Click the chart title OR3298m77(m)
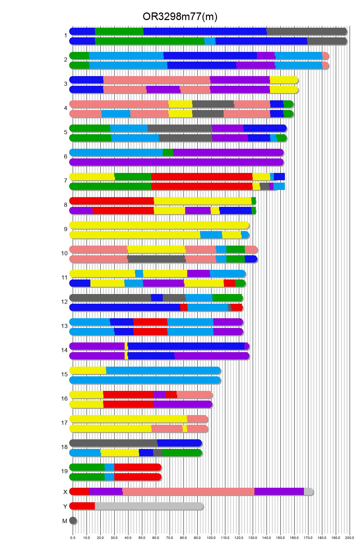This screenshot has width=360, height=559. pyautogui.click(x=180, y=17)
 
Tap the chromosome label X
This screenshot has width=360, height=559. pyautogui.click(x=65, y=492)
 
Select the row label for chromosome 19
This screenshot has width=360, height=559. pyautogui.click(x=64, y=471)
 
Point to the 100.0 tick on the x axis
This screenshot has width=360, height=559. pyautogui.click(x=211, y=538)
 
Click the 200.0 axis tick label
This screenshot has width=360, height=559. pyautogui.click(x=350, y=538)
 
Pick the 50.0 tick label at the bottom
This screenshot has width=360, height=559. pyautogui.click(x=142, y=538)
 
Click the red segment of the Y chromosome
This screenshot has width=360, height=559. pyautogui.click(x=82, y=506)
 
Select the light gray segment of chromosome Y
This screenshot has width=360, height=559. pyautogui.click(x=149, y=506)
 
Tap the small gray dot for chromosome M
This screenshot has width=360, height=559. pyautogui.click(x=73, y=521)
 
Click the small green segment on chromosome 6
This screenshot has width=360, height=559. pyautogui.click(x=168, y=153)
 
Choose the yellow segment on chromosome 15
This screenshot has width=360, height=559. pyautogui.click(x=88, y=370)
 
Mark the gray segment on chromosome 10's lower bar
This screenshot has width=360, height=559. pyautogui.click(x=156, y=259)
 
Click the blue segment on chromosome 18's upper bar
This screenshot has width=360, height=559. pyautogui.click(x=179, y=443)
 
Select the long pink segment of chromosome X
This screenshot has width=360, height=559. pyautogui.click(x=188, y=492)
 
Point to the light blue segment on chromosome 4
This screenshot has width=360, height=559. pyautogui.click(x=116, y=114)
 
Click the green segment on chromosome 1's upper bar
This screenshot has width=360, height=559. pyautogui.click(x=119, y=31)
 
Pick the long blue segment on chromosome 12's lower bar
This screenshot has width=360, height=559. pyautogui.click(x=125, y=308)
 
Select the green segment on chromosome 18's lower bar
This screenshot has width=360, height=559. pyautogui.click(x=181, y=453)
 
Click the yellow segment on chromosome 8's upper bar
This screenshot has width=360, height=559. pyautogui.click(x=202, y=201)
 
